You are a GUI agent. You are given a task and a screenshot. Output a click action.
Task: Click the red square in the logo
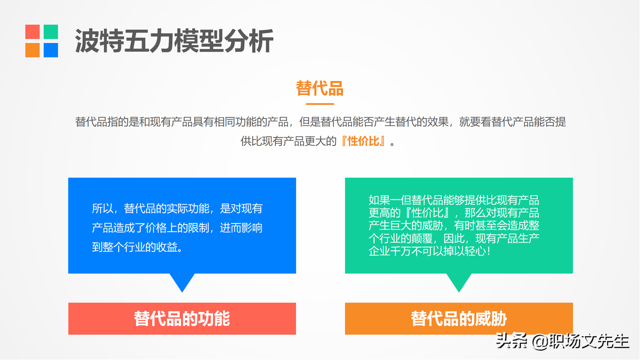pyautogui.click(x=32, y=32)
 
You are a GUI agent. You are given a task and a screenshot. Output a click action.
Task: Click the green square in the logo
pyautogui.click(x=51, y=32)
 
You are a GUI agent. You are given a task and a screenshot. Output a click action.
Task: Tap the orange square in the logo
pyautogui.click(x=32, y=50)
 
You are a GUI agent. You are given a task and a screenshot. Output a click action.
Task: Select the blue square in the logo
pyautogui.click(x=51, y=50)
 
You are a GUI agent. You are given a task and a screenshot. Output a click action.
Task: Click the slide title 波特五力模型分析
pyautogui.click(x=174, y=41)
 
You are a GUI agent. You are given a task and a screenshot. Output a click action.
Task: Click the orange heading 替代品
pyautogui.click(x=320, y=88)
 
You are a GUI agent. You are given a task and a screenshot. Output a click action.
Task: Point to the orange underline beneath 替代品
pyautogui.click(x=320, y=104)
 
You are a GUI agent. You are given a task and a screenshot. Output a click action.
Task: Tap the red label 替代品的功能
pyautogui.click(x=182, y=319)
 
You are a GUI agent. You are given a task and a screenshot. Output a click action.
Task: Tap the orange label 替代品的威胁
pyautogui.click(x=459, y=319)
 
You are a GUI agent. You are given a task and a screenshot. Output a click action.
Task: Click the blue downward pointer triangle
pyautogui.click(x=182, y=282)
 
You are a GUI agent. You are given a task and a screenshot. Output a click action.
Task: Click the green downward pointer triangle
pyautogui.click(x=459, y=282)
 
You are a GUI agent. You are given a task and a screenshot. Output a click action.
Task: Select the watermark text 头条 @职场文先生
pyautogui.click(x=563, y=341)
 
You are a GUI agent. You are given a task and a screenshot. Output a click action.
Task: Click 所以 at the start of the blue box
pyautogui.click(x=103, y=209)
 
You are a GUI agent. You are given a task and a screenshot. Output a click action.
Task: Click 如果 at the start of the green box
pyautogui.click(x=379, y=200)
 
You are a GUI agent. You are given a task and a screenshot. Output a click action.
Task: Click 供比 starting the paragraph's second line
pyautogui.click(x=251, y=141)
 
